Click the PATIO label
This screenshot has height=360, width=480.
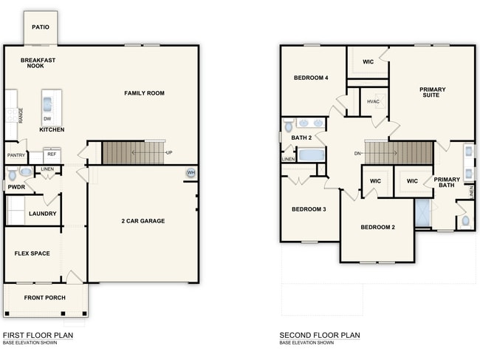pyautogui.click(x=41, y=27)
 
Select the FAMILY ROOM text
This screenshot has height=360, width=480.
pyautogui.click(x=144, y=93)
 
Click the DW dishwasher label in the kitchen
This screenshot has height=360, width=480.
pyautogui.click(x=47, y=118)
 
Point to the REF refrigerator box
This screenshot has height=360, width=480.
pyautogui.click(x=52, y=154)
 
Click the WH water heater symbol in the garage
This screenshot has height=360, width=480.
pyautogui.click(x=191, y=173)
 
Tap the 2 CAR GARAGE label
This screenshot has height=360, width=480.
pyautogui.click(x=143, y=221)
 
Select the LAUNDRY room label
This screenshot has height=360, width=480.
pyautogui.click(x=42, y=214)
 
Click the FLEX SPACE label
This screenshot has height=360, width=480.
pyautogui.click(x=32, y=254)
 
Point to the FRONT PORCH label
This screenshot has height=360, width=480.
pyautogui.click(x=45, y=298)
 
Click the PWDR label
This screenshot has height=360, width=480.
pyautogui.click(x=16, y=188)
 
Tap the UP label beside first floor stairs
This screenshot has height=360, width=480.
pyautogui.click(x=169, y=153)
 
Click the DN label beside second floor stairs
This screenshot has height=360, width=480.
pyautogui.click(x=358, y=153)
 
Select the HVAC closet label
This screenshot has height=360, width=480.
pyautogui.click(x=374, y=102)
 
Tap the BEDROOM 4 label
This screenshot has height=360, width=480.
pyautogui.click(x=311, y=78)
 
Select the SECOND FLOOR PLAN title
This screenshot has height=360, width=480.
pyautogui.click(x=319, y=335)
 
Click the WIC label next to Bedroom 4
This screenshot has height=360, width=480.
pyautogui.click(x=367, y=61)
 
